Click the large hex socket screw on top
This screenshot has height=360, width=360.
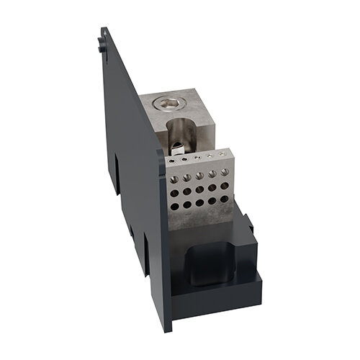pyautogui.click(x=168, y=105)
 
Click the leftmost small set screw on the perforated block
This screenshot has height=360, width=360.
pyautogui.click(x=173, y=161)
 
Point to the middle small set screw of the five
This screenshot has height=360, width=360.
pyautogui.click(x=197, y=157)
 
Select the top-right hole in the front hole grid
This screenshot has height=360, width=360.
pyautogui.click(x=223, y=171)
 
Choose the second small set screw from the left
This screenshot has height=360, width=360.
pyautogui.click(x=185, y=159)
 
